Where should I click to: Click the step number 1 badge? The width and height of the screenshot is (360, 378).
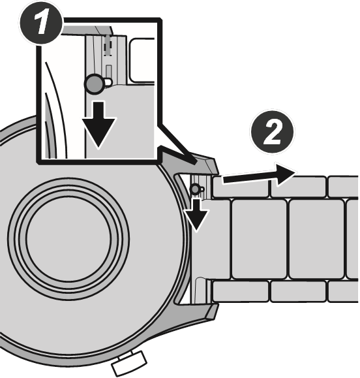tap(41, 24)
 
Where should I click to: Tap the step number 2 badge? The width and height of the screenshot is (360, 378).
tap(273, 132)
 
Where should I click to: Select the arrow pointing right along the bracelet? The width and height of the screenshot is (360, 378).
tap(260, 174)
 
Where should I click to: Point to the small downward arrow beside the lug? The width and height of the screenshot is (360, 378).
tap(196, 213)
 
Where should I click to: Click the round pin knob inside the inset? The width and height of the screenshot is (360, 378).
tap(95, 84)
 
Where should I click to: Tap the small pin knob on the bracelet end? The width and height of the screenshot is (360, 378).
tap(195, 189)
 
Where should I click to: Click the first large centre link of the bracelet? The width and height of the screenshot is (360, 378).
tap(259, 239)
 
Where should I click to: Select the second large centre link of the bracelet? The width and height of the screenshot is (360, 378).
tap(316, 239)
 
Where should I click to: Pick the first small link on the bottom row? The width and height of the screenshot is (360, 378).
tap(241, 291)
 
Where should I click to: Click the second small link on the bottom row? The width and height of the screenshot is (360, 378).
tap(298, 291)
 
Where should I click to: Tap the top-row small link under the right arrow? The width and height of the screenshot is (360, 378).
tap(298, 187)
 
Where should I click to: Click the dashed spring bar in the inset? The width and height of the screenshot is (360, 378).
tap(108, 46)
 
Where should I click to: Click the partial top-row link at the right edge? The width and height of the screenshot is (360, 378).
tap(344, 187)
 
